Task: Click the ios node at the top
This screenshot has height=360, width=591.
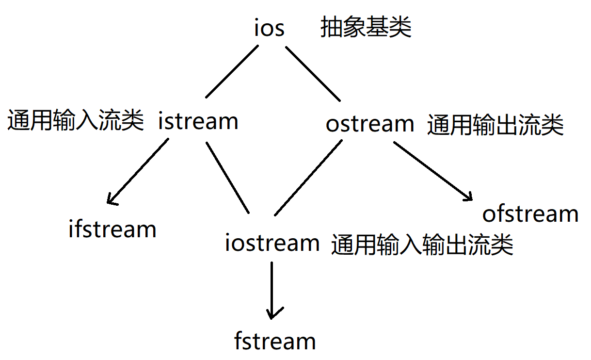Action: (x=270, y=28)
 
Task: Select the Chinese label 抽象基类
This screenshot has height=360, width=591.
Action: (x=366, y=28)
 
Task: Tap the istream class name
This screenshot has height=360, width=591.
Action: (x=198, y=121)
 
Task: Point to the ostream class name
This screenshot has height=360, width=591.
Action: (x=370, y=124)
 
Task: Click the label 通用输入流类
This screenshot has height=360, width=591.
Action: (x=75, y=120)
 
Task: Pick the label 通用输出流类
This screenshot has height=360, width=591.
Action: (x=495, y=125)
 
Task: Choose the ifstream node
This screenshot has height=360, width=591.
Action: (x=112, y=229)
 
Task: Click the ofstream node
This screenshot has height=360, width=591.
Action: (x=530, y=214)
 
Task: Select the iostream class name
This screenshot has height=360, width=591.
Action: (x=272, y=243)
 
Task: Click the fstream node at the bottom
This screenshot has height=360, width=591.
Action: (x=275, y=341)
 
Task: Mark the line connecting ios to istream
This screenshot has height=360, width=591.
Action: (x=231, y=72)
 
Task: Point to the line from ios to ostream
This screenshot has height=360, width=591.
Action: (x=313, y=73)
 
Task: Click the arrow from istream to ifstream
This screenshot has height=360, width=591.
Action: (x=139, y=170)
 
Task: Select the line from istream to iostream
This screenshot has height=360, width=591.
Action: (x=227, y=178)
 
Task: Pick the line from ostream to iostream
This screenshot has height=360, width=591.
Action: (x=308, y=178)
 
